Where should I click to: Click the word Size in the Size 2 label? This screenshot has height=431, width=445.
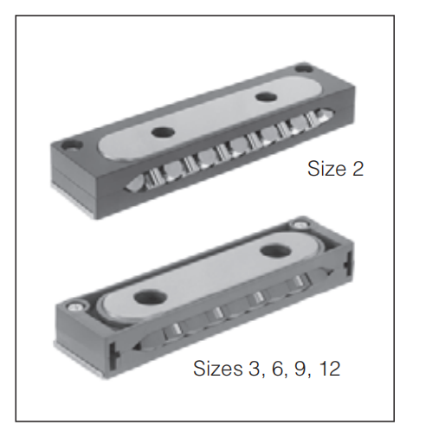click(326, 169)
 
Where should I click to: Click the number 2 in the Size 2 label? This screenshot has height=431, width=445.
click(358, 169)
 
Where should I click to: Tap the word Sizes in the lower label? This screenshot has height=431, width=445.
click(218, 368)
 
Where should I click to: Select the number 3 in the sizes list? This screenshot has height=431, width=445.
click(254, 369)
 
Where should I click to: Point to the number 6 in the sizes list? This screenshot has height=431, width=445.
click(278, 369)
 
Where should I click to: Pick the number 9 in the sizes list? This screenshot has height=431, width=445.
click(300, 369)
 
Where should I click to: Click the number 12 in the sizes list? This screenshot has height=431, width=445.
click(331, 369)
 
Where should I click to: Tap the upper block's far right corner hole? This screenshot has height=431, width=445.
click(304, 68)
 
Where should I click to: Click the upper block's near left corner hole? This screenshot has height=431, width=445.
click(70, 145)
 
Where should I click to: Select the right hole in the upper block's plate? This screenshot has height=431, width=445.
click(266, 96)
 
